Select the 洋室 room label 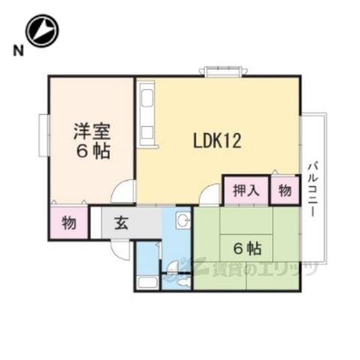92,132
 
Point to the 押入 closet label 239,190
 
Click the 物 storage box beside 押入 285,190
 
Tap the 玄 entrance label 121,222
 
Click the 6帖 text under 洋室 92,151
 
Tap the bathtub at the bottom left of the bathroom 147,282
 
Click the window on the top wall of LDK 223,72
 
